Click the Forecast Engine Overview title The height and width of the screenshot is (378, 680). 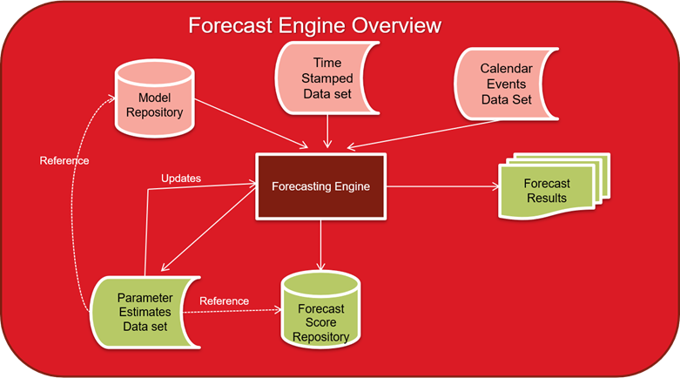point(315,25)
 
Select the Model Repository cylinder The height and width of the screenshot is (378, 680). point(154,98)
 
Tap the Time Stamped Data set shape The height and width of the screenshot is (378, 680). point(327,78)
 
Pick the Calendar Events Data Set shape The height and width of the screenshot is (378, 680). point(506,84)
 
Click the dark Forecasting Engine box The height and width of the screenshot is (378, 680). point(321,186)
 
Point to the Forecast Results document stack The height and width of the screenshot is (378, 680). point(555,186)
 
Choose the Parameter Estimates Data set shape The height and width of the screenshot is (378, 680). point(145,312)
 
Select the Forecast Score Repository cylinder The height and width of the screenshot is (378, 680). point(321,309)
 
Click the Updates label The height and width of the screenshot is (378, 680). point(181,179)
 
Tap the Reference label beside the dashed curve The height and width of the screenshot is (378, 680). point(64,161)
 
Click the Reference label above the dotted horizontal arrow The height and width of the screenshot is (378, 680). point(225,301)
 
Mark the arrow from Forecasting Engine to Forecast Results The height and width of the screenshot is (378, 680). point(442,186)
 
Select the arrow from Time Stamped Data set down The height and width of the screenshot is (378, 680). point(327,132)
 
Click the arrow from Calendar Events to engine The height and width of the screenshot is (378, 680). point(423,134)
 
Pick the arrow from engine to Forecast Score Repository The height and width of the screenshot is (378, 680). point(321,245)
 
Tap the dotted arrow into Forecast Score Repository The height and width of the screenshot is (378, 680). point(232,311)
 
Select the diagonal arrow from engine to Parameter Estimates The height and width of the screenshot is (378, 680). point(208,229)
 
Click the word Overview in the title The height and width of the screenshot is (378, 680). point(396,25)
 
